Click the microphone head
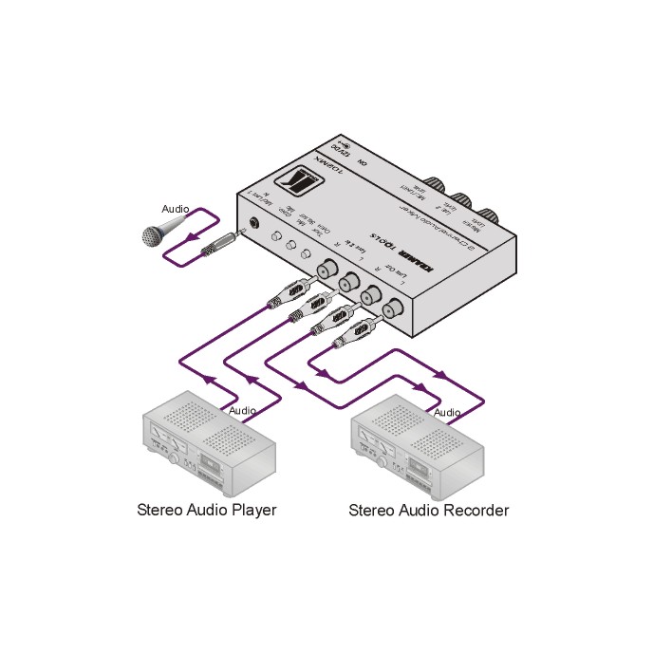pyautogui.click(x=153, y=233)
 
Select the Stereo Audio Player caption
pyautogui.click(x=207, y=510)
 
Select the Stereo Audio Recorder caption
pyautogui.click(x=429, y=510)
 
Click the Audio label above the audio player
pyautogui.click(x=243, y=411)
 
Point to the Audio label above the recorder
pyautogui.click(x=447, y=413)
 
